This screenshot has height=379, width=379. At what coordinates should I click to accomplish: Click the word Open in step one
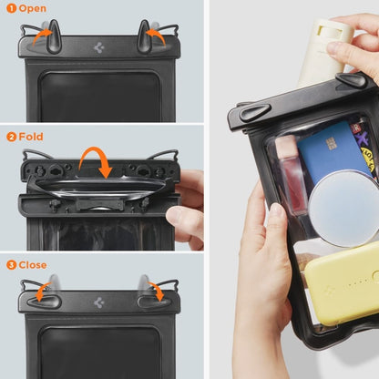33,8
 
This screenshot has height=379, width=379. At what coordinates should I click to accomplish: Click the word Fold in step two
31,137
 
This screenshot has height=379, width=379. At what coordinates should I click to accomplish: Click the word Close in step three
34,264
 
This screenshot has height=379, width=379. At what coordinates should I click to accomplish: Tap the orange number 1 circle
11,8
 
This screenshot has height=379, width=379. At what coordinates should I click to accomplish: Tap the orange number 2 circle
11,137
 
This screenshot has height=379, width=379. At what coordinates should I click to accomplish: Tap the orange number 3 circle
11,264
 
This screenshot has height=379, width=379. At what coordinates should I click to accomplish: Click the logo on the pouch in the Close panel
98,301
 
